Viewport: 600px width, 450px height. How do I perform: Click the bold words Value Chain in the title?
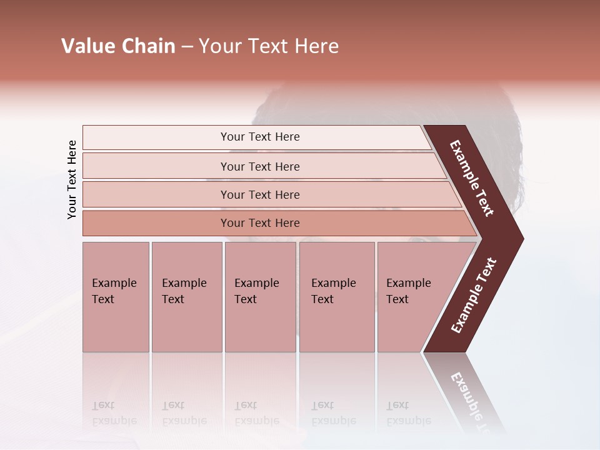pos(118,46)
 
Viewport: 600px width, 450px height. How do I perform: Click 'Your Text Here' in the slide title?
pos(269,46)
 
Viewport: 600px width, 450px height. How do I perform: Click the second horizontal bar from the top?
pos(260,166)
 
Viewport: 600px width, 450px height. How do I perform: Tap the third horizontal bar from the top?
pos(260,194)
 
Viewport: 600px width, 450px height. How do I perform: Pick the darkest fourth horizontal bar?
pos(260,223)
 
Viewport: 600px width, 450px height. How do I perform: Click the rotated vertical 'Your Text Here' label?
pos(72,179)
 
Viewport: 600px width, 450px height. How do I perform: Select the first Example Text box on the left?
pos(116,296)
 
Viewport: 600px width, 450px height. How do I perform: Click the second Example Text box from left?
pos(186,296)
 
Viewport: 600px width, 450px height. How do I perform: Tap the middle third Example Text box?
pos(260,296)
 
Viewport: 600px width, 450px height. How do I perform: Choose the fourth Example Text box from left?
pos(336,296)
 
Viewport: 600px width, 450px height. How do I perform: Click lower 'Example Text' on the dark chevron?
pos(474,296)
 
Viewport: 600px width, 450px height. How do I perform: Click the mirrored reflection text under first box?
pos(114,413)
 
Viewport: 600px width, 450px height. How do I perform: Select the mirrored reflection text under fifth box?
pos(408,413)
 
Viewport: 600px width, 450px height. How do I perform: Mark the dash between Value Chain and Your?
pos(187,47)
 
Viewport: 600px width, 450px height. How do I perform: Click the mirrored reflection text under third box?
pos(256,413)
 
